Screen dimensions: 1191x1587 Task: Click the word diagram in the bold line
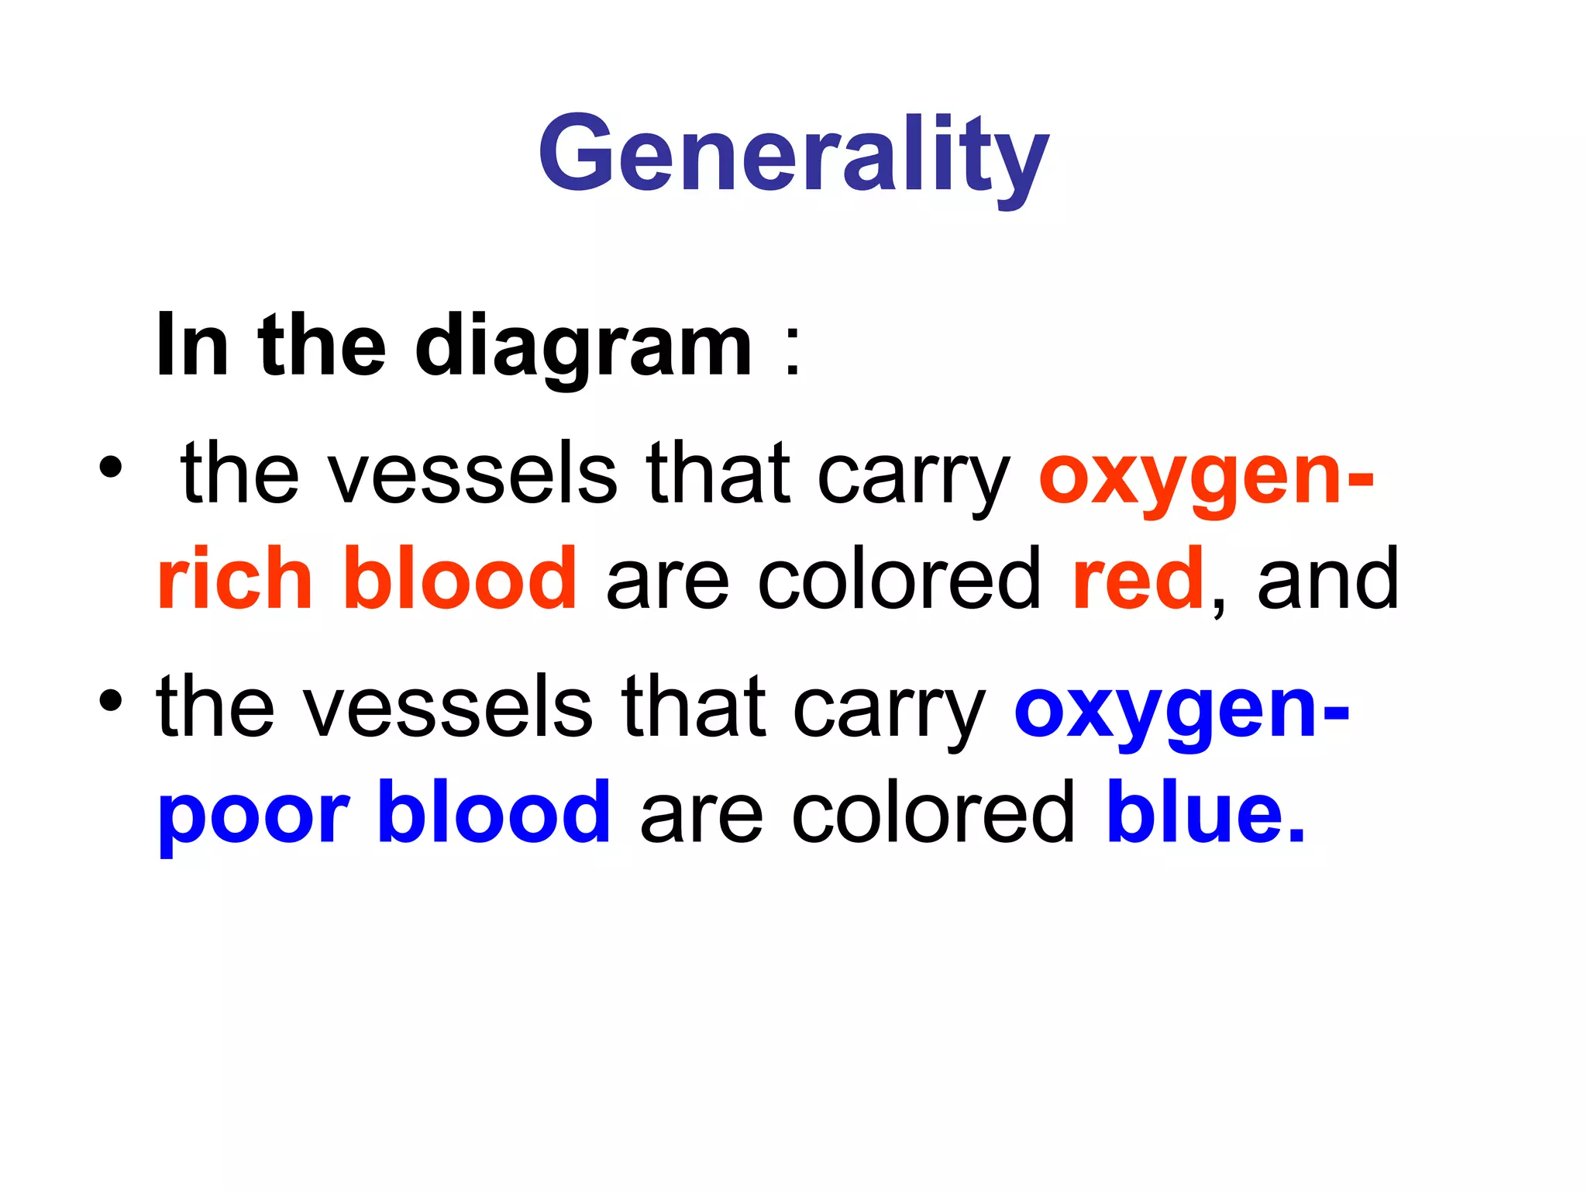click(x=584, y=346)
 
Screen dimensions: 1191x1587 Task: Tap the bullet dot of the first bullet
click(x=110, y=468)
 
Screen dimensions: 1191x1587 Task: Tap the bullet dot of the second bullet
click(x=110, y=701)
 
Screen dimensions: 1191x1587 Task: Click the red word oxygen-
click(x=1206, y=475)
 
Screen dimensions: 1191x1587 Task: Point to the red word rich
click(x=234, y=578)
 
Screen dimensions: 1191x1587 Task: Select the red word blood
click(x=460, y=578)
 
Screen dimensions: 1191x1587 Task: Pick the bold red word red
click(x=1138, y=578)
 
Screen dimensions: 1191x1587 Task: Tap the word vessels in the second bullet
click(x=448, y=707)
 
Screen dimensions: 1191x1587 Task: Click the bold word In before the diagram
click(x=192, y=346)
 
